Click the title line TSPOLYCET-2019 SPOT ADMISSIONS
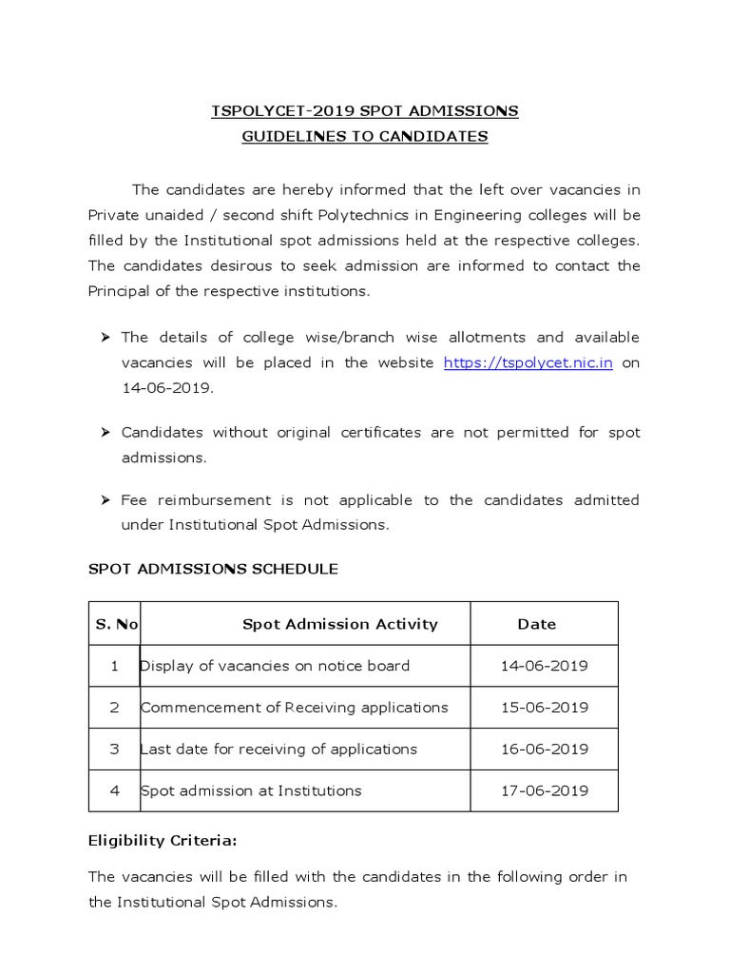coord(364,111)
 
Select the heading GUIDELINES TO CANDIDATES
coord(364,136)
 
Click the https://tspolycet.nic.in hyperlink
coord(528,362)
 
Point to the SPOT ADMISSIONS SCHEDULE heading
coord(213,569)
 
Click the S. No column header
coord(116,624)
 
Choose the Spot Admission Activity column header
coord(339,624)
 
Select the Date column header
coord(536,624)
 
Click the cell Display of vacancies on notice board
coord(275,666)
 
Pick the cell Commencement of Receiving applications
coord(294,708)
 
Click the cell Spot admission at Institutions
coord(251,790)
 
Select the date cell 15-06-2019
coord(544,708)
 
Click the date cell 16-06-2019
coord(544,749)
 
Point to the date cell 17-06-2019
coord(544,790)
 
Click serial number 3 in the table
coord(114,749)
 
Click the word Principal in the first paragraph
coord(120,291)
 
